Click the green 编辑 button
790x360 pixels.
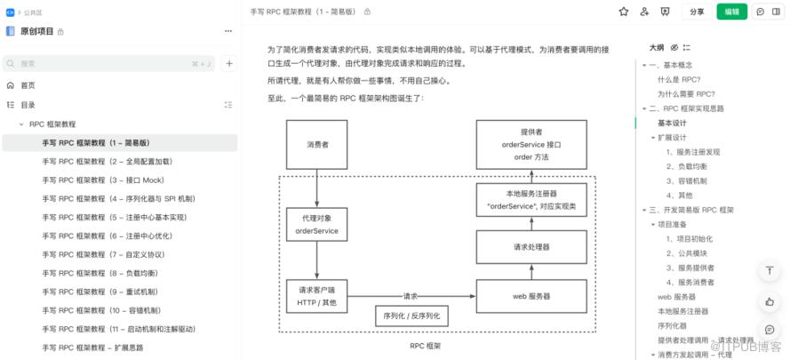(731, 12)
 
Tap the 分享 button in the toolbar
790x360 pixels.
(697, 12)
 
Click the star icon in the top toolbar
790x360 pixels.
(623, 12)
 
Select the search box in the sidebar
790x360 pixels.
(108, 64)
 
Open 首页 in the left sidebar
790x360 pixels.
(28, 85)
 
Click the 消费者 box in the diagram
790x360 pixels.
(316, 144)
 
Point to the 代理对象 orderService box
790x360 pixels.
(316, 226)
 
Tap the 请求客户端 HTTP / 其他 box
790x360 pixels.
(316, 297)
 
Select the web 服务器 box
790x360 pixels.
(531, 296)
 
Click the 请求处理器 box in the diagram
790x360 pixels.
(531, 247)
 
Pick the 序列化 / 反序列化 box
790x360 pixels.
(411, 316)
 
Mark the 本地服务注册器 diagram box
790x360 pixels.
(531, 199)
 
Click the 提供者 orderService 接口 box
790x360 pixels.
(531, 144)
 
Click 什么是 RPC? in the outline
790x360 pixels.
(680, 79)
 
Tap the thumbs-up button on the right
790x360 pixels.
(770, 301)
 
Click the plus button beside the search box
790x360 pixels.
(229, 64)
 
